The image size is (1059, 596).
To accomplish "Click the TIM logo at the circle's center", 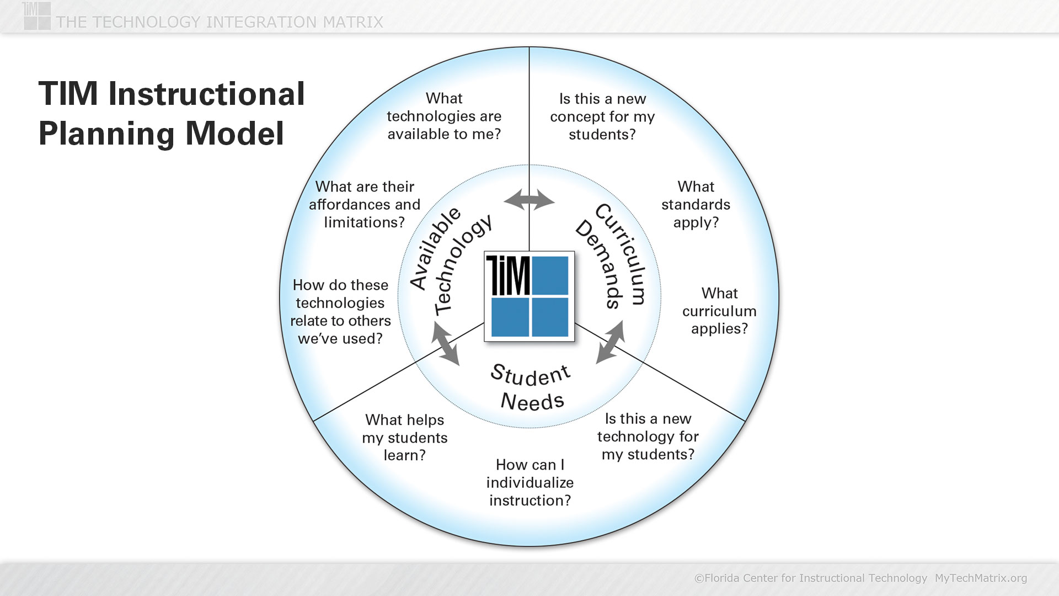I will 529,296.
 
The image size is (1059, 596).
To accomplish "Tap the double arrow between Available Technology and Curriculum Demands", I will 529,200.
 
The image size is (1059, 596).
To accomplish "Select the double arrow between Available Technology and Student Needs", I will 445,343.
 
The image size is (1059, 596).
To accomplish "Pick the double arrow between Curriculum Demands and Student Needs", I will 611,342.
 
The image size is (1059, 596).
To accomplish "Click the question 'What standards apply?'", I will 696,205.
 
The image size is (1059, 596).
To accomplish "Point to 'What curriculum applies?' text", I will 719,311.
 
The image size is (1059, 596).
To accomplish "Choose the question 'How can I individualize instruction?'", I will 530,483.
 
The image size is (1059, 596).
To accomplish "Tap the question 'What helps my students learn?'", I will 405,438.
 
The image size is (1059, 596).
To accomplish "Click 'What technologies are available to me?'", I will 444,116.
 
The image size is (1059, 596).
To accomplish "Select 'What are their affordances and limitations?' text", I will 365,205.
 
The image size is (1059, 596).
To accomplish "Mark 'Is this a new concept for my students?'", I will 602,117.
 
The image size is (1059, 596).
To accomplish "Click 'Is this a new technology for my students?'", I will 648,437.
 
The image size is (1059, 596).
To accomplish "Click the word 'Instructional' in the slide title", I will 206,94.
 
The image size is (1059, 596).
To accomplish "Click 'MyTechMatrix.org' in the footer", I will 981,578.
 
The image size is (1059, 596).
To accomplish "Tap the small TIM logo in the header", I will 37,15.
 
